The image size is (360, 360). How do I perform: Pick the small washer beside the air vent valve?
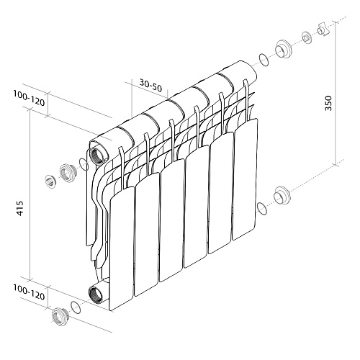tap(307, 36)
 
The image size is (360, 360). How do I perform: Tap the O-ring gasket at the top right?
tap(264, 59)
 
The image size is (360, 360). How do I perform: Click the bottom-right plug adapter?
tap(282, 194)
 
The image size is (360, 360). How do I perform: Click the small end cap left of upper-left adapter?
tap(49, 180)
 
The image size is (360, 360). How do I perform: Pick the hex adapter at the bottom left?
tap(58, 314)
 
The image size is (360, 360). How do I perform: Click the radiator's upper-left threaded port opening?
tap(96, 156)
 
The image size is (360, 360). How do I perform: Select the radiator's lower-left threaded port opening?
tap(94, 292)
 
